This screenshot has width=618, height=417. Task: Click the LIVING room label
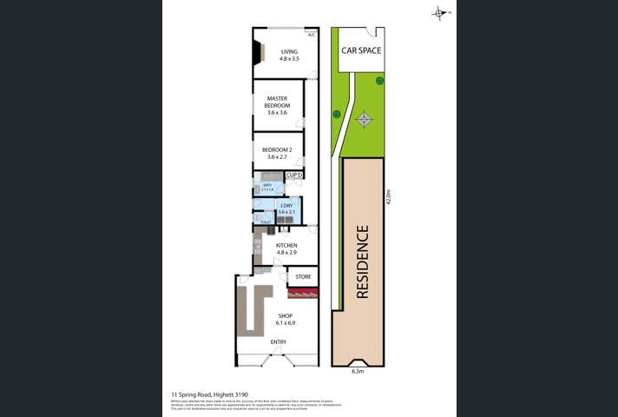tap(289, 55)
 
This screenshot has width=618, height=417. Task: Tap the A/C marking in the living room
tap(312, 36)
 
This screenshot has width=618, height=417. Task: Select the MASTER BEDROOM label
tap(277, 103)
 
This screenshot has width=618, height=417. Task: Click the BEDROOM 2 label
tap(277, 154)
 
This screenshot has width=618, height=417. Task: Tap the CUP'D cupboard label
tap(293, 175)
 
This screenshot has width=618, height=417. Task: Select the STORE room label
tap(303, 277)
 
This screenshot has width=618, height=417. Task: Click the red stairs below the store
tap(303, 294)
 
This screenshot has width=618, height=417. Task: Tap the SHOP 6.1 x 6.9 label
tap(286, 319)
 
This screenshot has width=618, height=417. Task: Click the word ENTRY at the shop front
tap(278, 341)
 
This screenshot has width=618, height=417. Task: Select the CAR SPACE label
tap(361, 50)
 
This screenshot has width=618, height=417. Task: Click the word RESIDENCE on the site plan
tap(362, 261)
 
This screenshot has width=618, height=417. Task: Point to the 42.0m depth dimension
tap(389, 198)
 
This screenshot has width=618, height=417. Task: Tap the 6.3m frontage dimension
tap(357, 371)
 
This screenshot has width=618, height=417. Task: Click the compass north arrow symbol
tap(439, 13)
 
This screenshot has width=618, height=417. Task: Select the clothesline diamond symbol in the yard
tap(365, 119)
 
